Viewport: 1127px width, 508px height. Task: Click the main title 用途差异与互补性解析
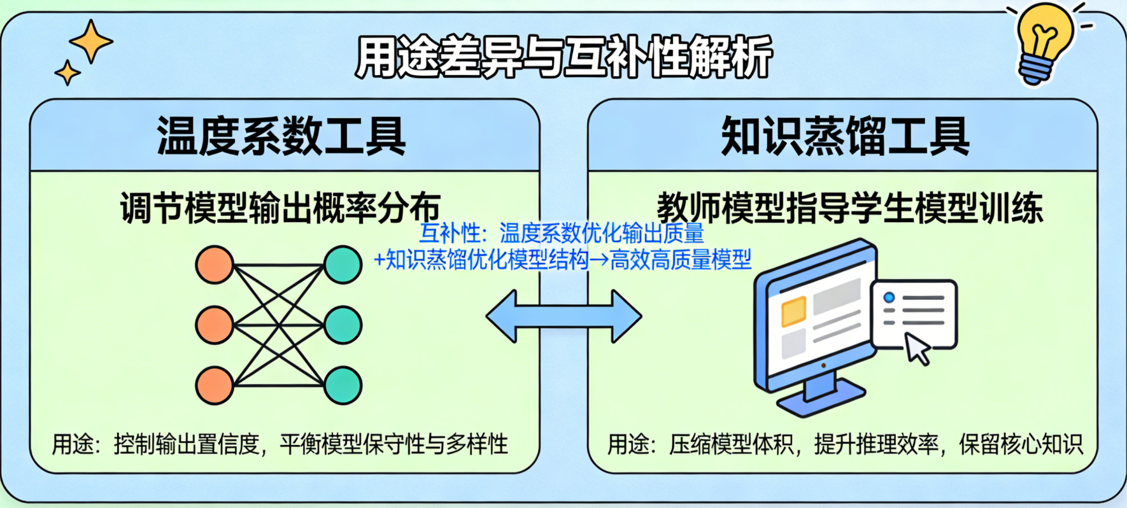coord(563,57)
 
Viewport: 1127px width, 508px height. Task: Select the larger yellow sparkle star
coord(91,41)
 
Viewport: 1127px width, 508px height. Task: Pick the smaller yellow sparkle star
coord(67,73)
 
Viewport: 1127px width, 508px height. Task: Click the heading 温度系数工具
coord(281,136)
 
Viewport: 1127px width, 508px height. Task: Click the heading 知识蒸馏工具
coord(844,136)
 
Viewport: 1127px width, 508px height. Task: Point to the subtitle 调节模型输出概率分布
coord(280,208)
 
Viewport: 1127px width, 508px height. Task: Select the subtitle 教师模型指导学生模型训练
coord(849,208)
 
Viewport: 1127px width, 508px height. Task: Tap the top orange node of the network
coord(215,265)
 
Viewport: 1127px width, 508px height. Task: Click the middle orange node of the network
coord(215,325)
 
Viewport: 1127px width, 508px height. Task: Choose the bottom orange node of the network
coord(215,386)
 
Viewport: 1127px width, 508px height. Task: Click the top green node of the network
coord(343,265)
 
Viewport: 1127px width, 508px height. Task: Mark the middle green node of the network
coord(343,325)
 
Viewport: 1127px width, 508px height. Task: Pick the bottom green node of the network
coord(343,386)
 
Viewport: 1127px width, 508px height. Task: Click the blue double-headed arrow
coord(563,316)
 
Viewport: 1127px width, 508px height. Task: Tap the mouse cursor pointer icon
coord(918,349)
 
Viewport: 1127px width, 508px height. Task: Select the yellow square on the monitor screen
coord(793,311)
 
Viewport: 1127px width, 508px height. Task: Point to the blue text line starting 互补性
coord(561,234)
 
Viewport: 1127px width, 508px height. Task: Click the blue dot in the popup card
coord(889,297)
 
